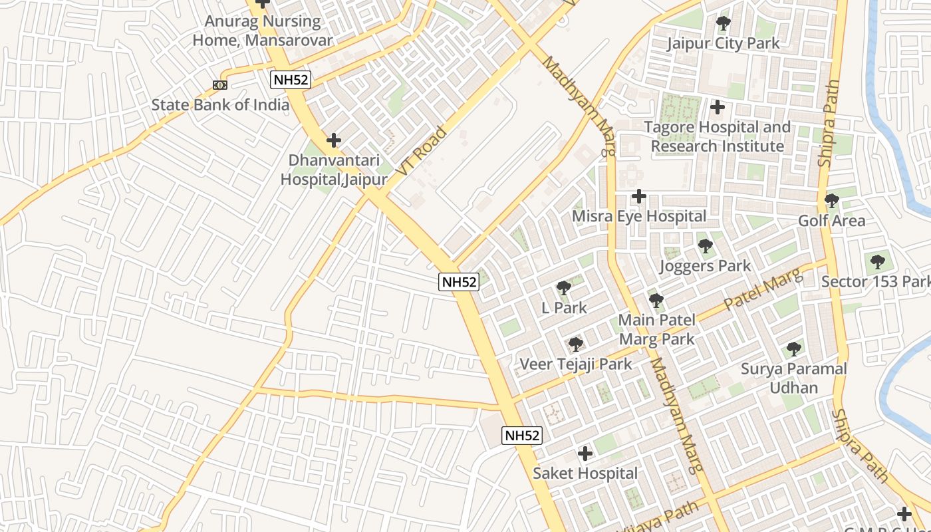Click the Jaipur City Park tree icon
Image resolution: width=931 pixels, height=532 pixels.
click(x=724, y=23)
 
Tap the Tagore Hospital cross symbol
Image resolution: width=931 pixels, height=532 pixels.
click(x=718, y=106)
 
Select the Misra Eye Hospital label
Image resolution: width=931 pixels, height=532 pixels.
click(x=639, y=216)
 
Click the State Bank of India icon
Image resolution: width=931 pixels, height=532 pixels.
click(x=220, y=84)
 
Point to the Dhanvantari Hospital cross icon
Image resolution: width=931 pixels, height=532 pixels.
click(x=334, y=140)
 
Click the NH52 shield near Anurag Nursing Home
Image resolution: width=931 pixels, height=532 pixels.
click(x=291, y=80)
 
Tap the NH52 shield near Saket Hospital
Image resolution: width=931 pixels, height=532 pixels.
click(x=522, y=436)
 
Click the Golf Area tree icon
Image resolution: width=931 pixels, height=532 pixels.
click(x=831, y=200)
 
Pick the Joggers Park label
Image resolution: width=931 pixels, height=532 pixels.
click(x=705, y=266)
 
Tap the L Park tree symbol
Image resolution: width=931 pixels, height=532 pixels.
click(x=563, y=288)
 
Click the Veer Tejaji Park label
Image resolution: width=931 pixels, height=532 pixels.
click(x=576, y=364)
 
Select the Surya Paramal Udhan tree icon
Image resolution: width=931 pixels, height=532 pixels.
click(x=793, y=348)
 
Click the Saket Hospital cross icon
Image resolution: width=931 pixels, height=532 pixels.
click(x=585, y=454)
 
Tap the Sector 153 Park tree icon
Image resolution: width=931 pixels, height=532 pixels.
click(x=877, y=261)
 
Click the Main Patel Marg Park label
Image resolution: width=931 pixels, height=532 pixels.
click(x=656, y=329)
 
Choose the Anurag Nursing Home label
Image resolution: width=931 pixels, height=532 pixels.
click(x=262, y=30)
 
